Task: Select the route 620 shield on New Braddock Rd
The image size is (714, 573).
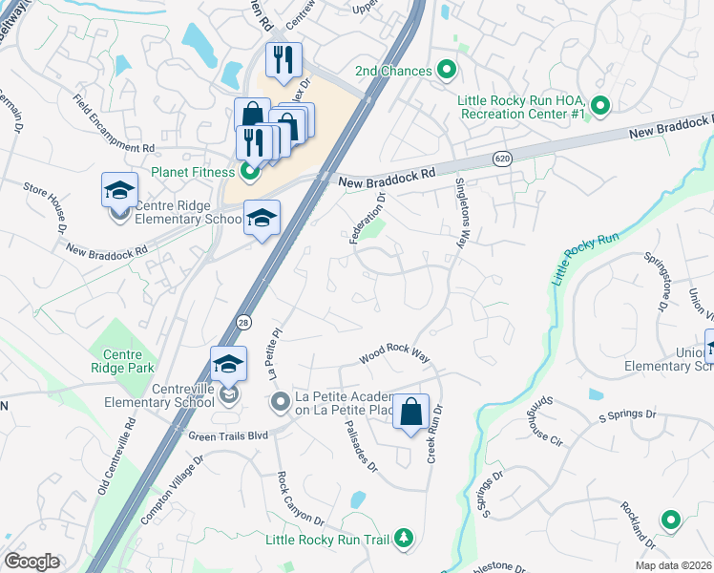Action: point(501,157)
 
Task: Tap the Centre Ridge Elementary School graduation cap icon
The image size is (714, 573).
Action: point(119,190)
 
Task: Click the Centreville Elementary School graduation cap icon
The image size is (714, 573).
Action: point(228,364)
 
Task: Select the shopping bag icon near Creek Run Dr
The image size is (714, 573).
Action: point(410,413)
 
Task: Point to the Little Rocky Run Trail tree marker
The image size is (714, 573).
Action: point(404,540)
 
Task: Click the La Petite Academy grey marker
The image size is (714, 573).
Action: point(280,402)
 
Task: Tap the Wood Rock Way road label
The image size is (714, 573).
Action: point(395,355)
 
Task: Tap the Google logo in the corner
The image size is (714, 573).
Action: point(31,562)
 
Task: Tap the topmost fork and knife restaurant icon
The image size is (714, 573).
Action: point(283,59)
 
